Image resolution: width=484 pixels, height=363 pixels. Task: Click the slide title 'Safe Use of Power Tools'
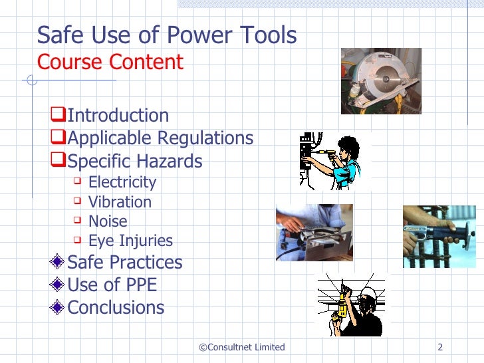click(167, 35)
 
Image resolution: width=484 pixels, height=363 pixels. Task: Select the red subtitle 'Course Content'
click(110, 62)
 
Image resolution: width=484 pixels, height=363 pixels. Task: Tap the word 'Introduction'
click(118, 116)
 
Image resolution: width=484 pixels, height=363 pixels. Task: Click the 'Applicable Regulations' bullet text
click(160, 138)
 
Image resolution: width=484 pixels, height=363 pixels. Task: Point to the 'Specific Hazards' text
click(135, 161)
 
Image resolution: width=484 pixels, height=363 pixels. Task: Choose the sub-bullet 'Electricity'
click(122, 182)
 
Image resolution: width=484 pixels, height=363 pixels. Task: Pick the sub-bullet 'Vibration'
click(120, 202)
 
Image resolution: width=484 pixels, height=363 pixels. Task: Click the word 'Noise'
click(108, 221)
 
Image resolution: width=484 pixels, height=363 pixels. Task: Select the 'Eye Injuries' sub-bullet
click(130, 241)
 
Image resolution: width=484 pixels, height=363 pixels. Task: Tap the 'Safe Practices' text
click(125, 262)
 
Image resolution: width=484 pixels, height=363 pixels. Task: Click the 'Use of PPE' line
click(112, 285)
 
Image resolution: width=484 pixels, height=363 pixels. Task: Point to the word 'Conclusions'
click(116, 307)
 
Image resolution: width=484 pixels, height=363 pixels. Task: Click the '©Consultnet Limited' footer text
click(242, 347)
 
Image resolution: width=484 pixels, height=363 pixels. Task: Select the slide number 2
click(440, 347)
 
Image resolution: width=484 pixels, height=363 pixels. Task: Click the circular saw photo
click(381, 80)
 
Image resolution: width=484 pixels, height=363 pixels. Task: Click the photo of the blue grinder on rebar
click(439, 236)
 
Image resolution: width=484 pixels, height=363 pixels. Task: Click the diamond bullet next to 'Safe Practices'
click(60, 262)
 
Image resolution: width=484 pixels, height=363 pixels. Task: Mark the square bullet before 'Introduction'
click(60, 115)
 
